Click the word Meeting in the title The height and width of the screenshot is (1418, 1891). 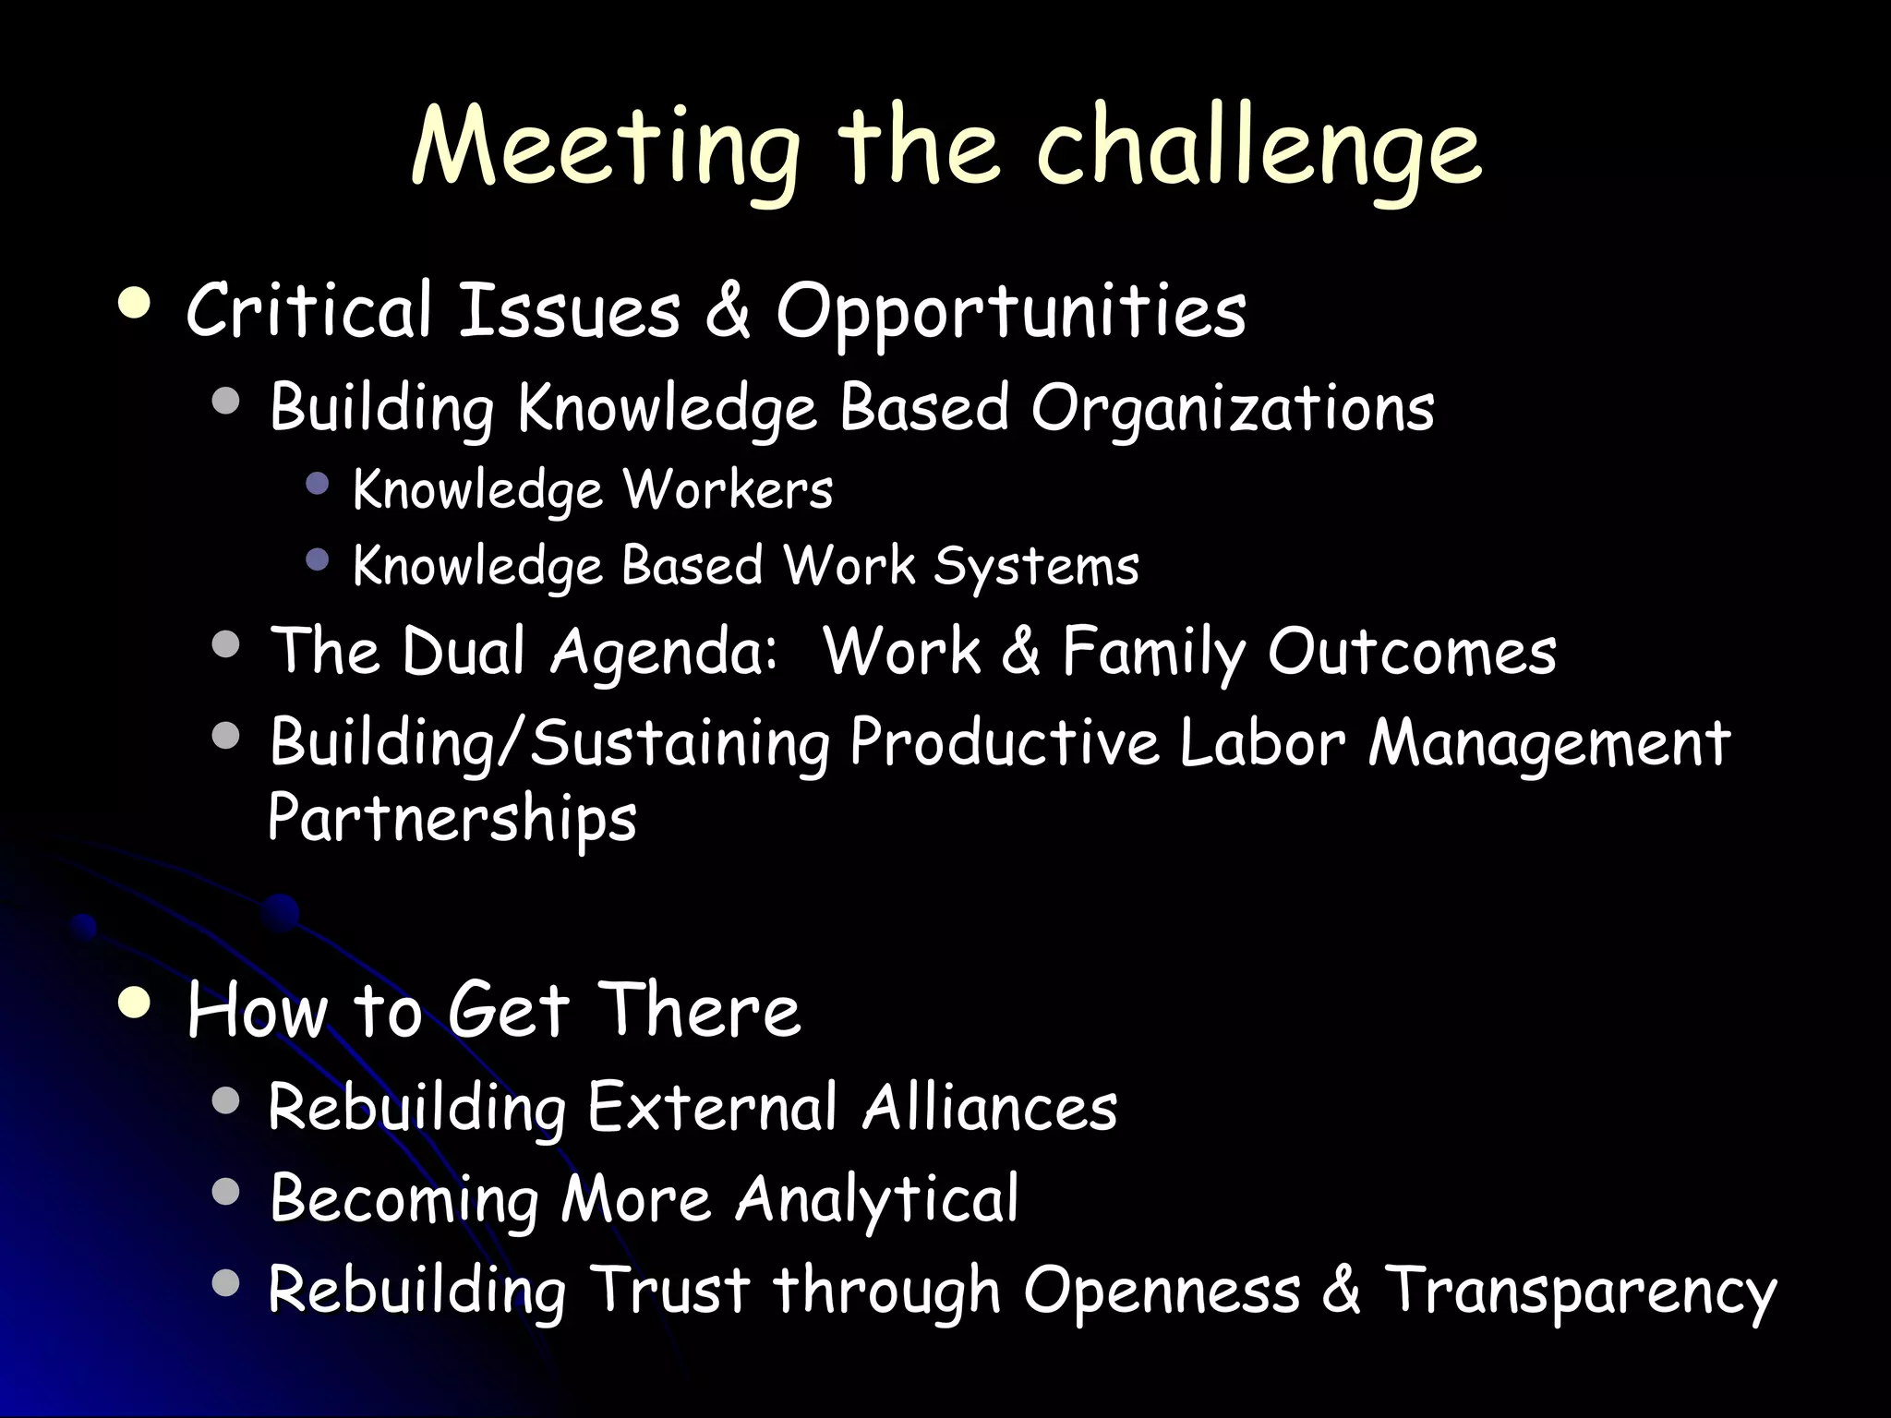click(605, 148)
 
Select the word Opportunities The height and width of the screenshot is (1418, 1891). click(1011, 312)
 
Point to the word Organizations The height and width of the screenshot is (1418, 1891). click(1233, 408)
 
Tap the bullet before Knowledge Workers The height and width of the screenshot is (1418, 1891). click(318, 483)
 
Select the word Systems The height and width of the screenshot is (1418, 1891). click(1036, 566)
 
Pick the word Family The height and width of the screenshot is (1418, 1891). click(1154, 652)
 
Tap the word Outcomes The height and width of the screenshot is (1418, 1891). click(1412, 652)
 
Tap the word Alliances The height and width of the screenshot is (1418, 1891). click(989, 1107)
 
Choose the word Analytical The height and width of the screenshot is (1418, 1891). click(877, 1199)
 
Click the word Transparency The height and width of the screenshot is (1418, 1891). click(1580, 1291)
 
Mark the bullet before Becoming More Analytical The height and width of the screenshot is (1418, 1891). click(225, 1192)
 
